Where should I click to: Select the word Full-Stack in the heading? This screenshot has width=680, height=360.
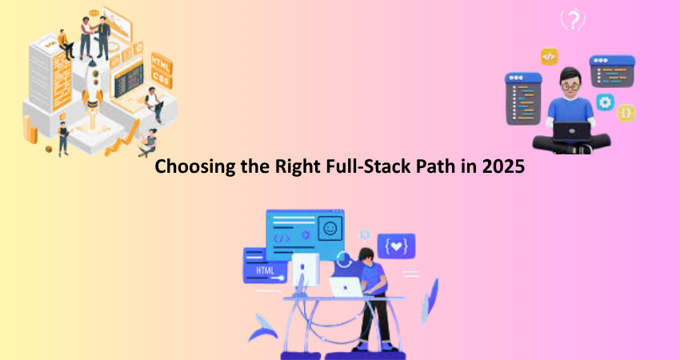(x=362, y=166)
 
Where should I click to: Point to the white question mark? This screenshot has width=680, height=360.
(x=574, y=20)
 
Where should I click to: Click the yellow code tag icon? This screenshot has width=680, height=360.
(x=549, y=56)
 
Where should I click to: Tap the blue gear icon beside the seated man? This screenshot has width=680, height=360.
(x=605, y=102)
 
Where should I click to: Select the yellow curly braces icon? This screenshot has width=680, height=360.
(x=626, y=114)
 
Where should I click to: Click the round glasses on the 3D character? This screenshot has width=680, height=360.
(x=571, y=86)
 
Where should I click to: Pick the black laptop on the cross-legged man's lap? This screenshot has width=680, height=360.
(x=571, y=131)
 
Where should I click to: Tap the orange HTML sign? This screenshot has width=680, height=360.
(x=162, y=63)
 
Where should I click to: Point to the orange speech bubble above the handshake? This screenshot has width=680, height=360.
(x=94, y=14)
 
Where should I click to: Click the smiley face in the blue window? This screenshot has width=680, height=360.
(x=330, y=229)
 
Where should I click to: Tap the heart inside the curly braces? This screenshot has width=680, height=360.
(x=396, y=246)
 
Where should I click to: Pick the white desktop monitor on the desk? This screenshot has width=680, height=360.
(x=306, y=269)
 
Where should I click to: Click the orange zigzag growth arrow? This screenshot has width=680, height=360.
(x=122, y=138)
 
